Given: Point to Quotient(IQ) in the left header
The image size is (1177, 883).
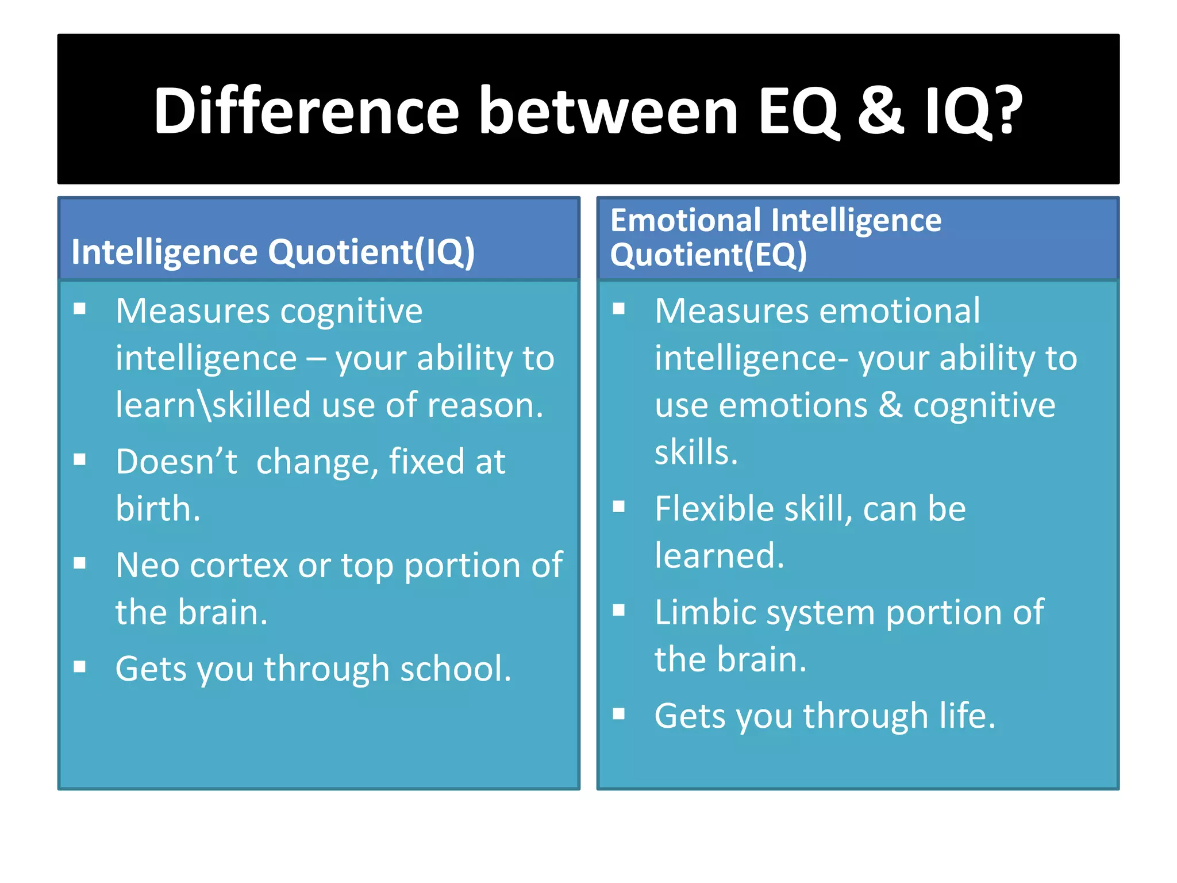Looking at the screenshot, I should pyautogui.click(x=371, y=252).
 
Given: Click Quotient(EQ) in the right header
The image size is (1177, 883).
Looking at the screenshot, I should pyautogui.click(x=708, y=255).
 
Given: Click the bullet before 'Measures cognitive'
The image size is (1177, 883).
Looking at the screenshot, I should pyautogui.click(x=80, y=309).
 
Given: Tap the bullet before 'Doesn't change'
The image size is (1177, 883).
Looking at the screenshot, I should pyautogui.click(x=80, y=459).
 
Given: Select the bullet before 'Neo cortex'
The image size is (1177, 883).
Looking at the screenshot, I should pyautogui.click(x=80, y=563).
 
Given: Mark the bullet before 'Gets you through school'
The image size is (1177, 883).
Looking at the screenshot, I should pyautogui.click(x=80, y=666).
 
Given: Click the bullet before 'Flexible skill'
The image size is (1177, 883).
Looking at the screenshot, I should pyautogui.click(x=619, y=506).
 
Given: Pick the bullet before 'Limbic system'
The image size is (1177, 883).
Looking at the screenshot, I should pyautogui.click(x=619, y=610).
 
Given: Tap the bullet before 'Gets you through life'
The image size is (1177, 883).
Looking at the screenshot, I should pyautogui.click(x=619, y=714).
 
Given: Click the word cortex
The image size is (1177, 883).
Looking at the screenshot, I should pyautogui.click(x=239, y=566).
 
